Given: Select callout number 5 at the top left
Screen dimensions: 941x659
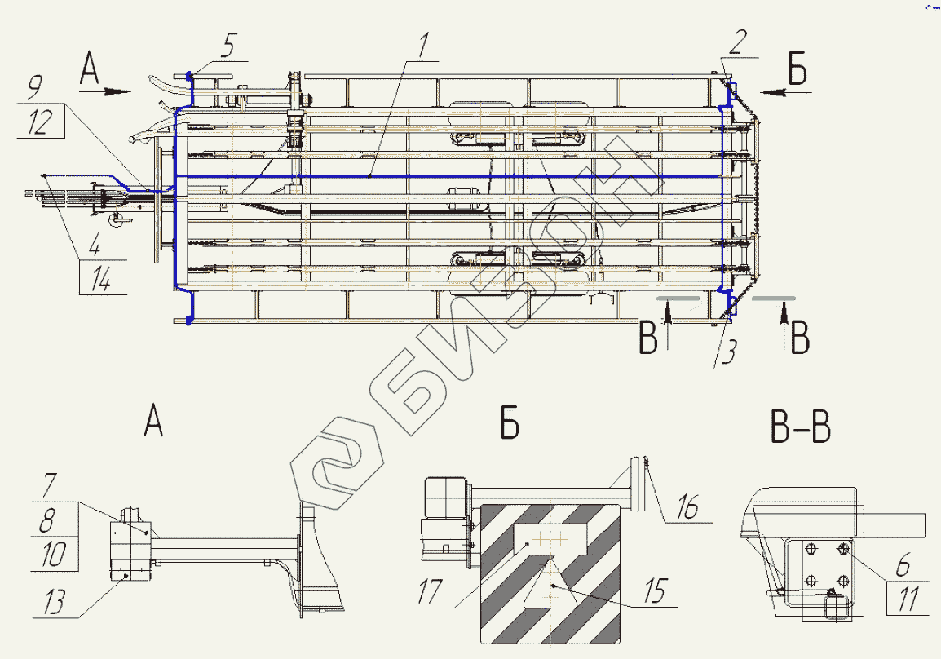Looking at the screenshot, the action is [x=229, y=46].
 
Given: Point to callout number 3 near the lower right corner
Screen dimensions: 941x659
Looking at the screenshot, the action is [x=729, y=352].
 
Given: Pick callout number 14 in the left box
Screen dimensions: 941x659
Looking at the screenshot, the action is [x=100, y=278].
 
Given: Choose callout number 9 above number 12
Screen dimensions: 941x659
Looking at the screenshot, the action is [x=35, y=87].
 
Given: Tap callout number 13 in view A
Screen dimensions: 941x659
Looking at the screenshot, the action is [x=55, y=601].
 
